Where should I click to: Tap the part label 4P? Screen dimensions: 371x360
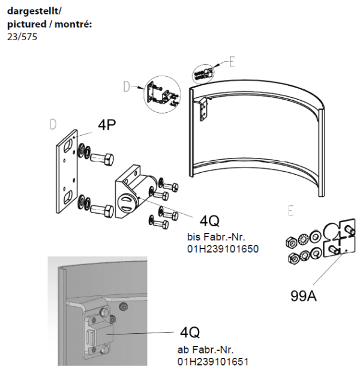[107, 126]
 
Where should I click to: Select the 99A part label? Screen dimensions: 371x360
[303, 297]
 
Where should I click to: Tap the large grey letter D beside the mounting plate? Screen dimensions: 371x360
[53, 124]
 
